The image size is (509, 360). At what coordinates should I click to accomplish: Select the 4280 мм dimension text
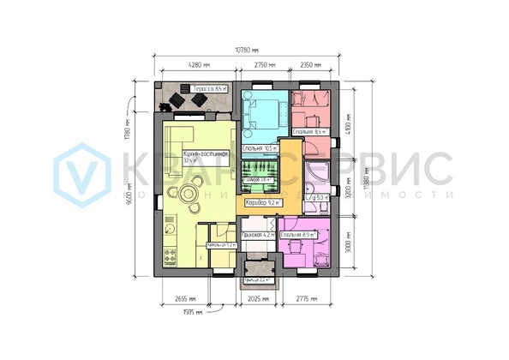click(x=199, y=65)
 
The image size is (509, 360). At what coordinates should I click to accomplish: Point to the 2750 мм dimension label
click(x=265, y=65)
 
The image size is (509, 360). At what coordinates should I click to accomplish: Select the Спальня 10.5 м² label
click(x=260, y=148)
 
